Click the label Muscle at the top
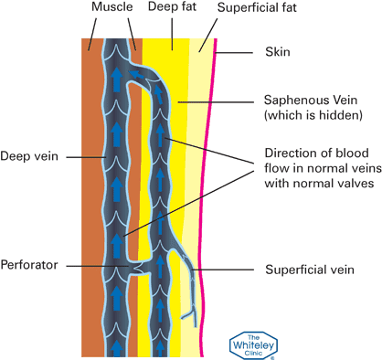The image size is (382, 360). pos(111,8)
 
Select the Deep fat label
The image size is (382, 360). pos(171,8)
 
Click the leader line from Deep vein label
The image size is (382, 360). pos(78,156)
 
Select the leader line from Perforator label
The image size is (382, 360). pos(101,265)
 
